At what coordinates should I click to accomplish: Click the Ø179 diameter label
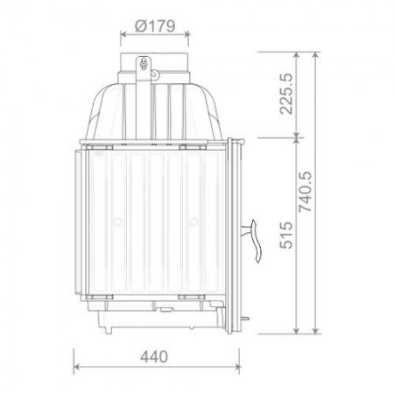click(155, 26)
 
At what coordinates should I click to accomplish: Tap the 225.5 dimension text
click(285, 94)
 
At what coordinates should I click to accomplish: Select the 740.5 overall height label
click(306, 191)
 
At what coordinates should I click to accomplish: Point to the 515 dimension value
click(286, 236)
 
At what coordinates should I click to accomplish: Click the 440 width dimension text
click(154, 356)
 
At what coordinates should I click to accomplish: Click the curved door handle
click(254, 240)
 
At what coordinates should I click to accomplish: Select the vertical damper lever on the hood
click(144, 98)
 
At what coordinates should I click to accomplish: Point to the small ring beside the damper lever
click(155, 74)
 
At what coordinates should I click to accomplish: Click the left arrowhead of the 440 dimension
click(76, 366)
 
